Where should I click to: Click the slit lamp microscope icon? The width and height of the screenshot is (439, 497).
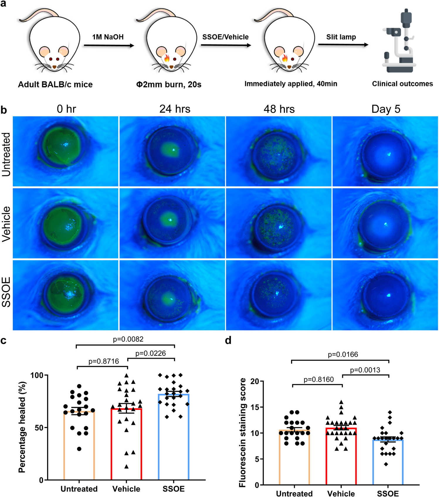click(x=399, y=42)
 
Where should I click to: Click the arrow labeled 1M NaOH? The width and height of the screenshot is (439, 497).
click(x=109, y=45)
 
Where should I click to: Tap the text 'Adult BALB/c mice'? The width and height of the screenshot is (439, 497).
click(x=55, y=84)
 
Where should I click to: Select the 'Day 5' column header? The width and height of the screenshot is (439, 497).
click(x=386, y=109)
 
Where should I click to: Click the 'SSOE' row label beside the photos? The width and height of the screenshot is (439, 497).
click(x=6, y=292)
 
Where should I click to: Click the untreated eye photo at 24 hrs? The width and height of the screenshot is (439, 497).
click(x=172, y=151)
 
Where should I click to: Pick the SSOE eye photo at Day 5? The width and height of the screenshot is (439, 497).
click(x=385, y=295)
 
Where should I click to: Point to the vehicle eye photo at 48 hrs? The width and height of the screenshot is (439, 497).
click(x=279, y=223)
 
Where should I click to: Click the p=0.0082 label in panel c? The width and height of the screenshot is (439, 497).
click(x=128, y=339)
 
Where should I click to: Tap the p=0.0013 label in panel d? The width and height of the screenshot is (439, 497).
click(x=365, y=370)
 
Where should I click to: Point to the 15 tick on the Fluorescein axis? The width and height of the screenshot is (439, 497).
click(x=255, y=407)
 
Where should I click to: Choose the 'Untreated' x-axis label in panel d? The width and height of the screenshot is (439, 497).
click(x=294, y=493)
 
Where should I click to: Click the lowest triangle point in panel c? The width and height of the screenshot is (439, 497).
click(x=126, y=467)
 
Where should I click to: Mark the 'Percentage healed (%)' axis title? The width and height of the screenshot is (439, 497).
click(x=22, y=427)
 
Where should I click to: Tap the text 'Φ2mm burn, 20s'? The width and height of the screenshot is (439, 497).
click(x=169, y=85)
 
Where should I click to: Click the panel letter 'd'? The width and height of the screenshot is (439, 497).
click(x=228, y=341)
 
